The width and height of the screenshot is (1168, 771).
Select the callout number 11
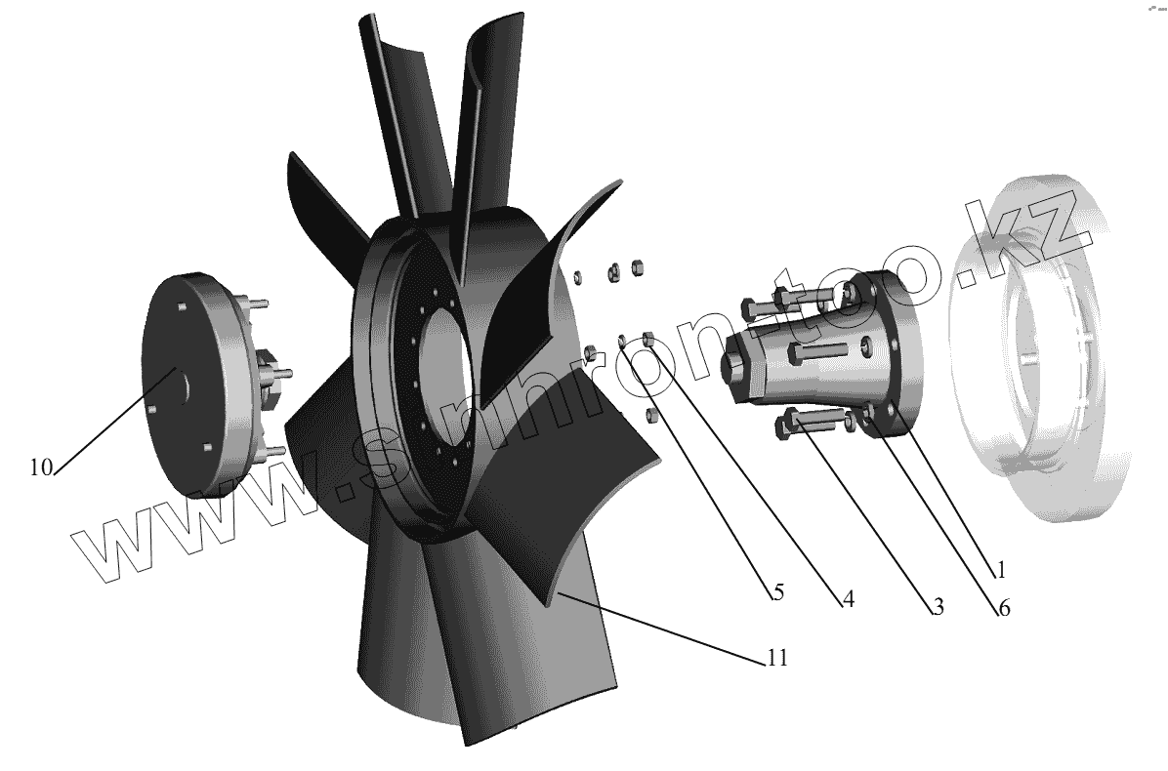776,658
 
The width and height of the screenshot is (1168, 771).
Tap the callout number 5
776,591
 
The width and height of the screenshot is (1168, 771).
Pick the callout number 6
1003,609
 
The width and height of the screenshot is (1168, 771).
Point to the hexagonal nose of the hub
736,366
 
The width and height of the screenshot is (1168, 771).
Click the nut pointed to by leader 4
648,339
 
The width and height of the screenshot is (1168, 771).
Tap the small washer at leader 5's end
623,342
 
